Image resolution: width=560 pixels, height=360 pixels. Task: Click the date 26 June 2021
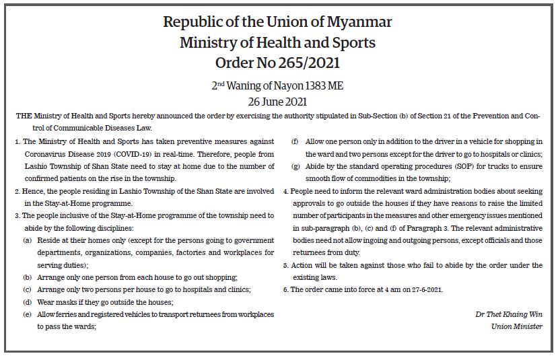pos(278,102)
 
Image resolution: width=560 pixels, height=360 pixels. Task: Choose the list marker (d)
pos(28,302)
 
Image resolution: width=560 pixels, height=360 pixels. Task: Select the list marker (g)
pos(295,166)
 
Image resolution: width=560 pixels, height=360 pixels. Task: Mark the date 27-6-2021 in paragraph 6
pos(425,289)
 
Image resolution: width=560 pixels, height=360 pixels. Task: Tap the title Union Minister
pos(517,327)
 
